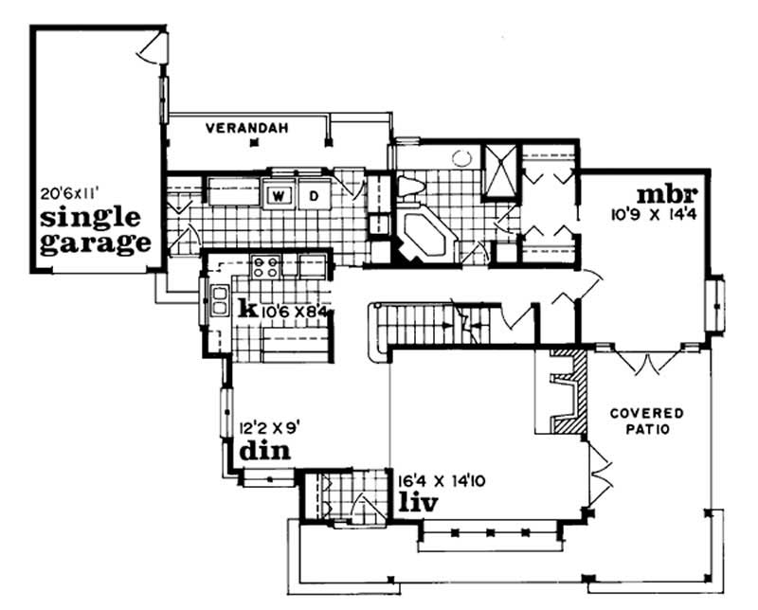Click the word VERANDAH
[248, 127]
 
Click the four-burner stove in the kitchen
[266, 267]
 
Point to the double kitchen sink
[219, 301]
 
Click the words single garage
[95, 227]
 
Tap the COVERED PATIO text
[647, 422]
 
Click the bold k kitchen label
[248, 308]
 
